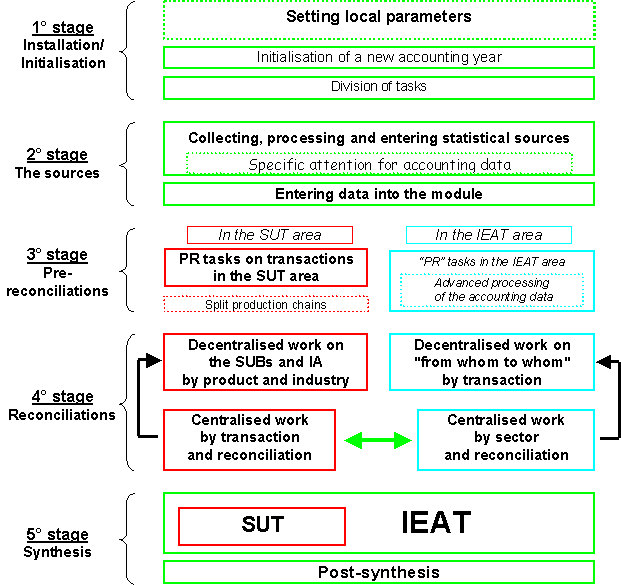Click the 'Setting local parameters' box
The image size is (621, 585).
pyautogui.click(x=378, y=17)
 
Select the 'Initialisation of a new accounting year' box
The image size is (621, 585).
pyautogui.click(x=378, y=57)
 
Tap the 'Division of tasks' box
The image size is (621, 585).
pyautogui.click(x=378, y=87)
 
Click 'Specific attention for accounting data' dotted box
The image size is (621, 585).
pyautogui.click(x=379, y=163)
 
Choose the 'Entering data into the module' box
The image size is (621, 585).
pyautogui.click(x=378, y=193)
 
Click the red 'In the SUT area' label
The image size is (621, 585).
pyautogui.click(x=269, y=235)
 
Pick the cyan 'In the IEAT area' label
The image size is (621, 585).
pyautogui.click(x=488, y=235)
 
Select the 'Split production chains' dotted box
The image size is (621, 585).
pyautogui.click(x=266, y=304)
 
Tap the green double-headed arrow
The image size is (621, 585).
pyautogui.click(x=378, y=440)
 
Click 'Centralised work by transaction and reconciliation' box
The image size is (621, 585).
pyautogui.click(x=249, y=438)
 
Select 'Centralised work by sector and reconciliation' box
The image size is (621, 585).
pyautogui.click(x=505, y=438)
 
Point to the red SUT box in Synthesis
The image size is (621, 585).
pyautogui.click(x=262, y=525)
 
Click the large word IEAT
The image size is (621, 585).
pyautogui.click(x=435, y=523)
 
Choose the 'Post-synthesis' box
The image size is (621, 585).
pyautogui.click(x=378, y=572)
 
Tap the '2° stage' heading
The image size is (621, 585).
pyautogui.click(x=56, y=155)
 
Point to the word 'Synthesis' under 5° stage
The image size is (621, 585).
pyautogui.click(x=57, y=552)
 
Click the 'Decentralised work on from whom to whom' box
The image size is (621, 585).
pyautogui.click(x=491, y=362)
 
